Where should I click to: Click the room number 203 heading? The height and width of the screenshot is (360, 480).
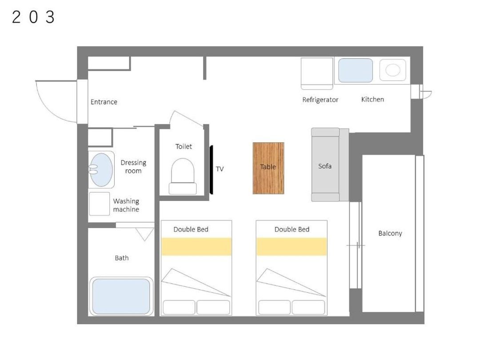[x=33, y=17]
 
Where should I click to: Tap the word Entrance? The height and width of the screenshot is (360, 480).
[x=104, y=102]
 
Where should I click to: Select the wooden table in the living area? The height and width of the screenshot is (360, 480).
[x=268, y=168]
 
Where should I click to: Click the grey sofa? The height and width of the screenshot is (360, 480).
[x=330, y=165]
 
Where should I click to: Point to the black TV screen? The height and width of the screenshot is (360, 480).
[x=211, y=170]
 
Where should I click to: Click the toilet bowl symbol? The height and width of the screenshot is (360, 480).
[x=183, y=176]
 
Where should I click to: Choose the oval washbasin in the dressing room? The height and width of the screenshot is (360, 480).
[x=101, y=170]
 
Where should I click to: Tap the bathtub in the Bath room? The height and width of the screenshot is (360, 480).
[x=121, y=296]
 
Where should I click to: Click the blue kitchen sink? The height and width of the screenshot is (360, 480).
[x=356, y=70]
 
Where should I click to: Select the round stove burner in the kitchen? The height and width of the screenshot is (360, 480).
[x=393, y=70]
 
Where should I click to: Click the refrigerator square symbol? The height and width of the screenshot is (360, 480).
[x=317, y=73]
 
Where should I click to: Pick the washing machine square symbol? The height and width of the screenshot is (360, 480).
[x=100, y=204]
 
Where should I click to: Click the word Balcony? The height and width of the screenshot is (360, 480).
[x=390, y=233]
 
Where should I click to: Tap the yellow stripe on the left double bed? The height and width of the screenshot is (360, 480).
[x=196, y=247]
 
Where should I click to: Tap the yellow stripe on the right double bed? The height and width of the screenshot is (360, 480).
[x=292, y=247]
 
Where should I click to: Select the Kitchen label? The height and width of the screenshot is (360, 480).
[x=372, y=100]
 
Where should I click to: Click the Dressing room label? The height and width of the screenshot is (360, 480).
[x=133, y=167]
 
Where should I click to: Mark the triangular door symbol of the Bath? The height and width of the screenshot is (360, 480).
[x=145, y=234]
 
